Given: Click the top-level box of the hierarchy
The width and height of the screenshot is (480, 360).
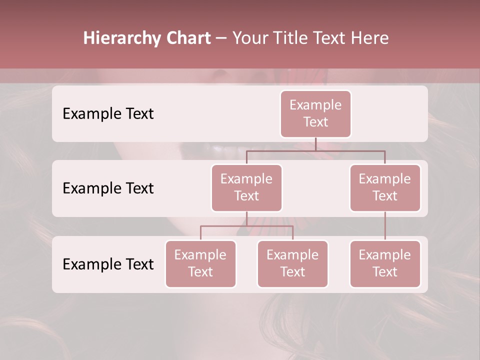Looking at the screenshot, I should (x=315, y=113).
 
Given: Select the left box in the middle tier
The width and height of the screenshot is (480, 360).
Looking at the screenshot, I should (x=246, y=187).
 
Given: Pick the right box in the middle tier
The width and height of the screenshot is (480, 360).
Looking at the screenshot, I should (x=385, y=187).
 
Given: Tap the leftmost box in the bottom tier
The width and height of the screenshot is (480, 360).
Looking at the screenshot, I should (x=200, y=263).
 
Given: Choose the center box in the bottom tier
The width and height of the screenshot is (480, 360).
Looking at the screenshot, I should (x=292, y=263).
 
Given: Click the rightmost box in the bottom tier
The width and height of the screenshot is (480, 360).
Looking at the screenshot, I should (x=385, y=263).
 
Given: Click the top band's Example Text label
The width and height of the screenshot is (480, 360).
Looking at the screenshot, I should (x=108, y=114).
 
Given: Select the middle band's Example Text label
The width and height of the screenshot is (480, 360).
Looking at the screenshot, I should (x=108, y=188).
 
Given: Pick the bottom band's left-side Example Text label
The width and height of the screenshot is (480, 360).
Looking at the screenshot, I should (x=108, y=264).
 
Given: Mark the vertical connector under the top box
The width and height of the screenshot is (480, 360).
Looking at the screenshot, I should (x=315, y=144).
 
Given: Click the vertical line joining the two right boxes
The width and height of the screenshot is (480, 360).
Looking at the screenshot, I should (x=385, y=226).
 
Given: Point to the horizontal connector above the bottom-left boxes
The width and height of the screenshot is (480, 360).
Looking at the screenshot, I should (x=246, y=226).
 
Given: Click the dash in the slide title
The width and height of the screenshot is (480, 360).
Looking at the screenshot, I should (x=221, y=38).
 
